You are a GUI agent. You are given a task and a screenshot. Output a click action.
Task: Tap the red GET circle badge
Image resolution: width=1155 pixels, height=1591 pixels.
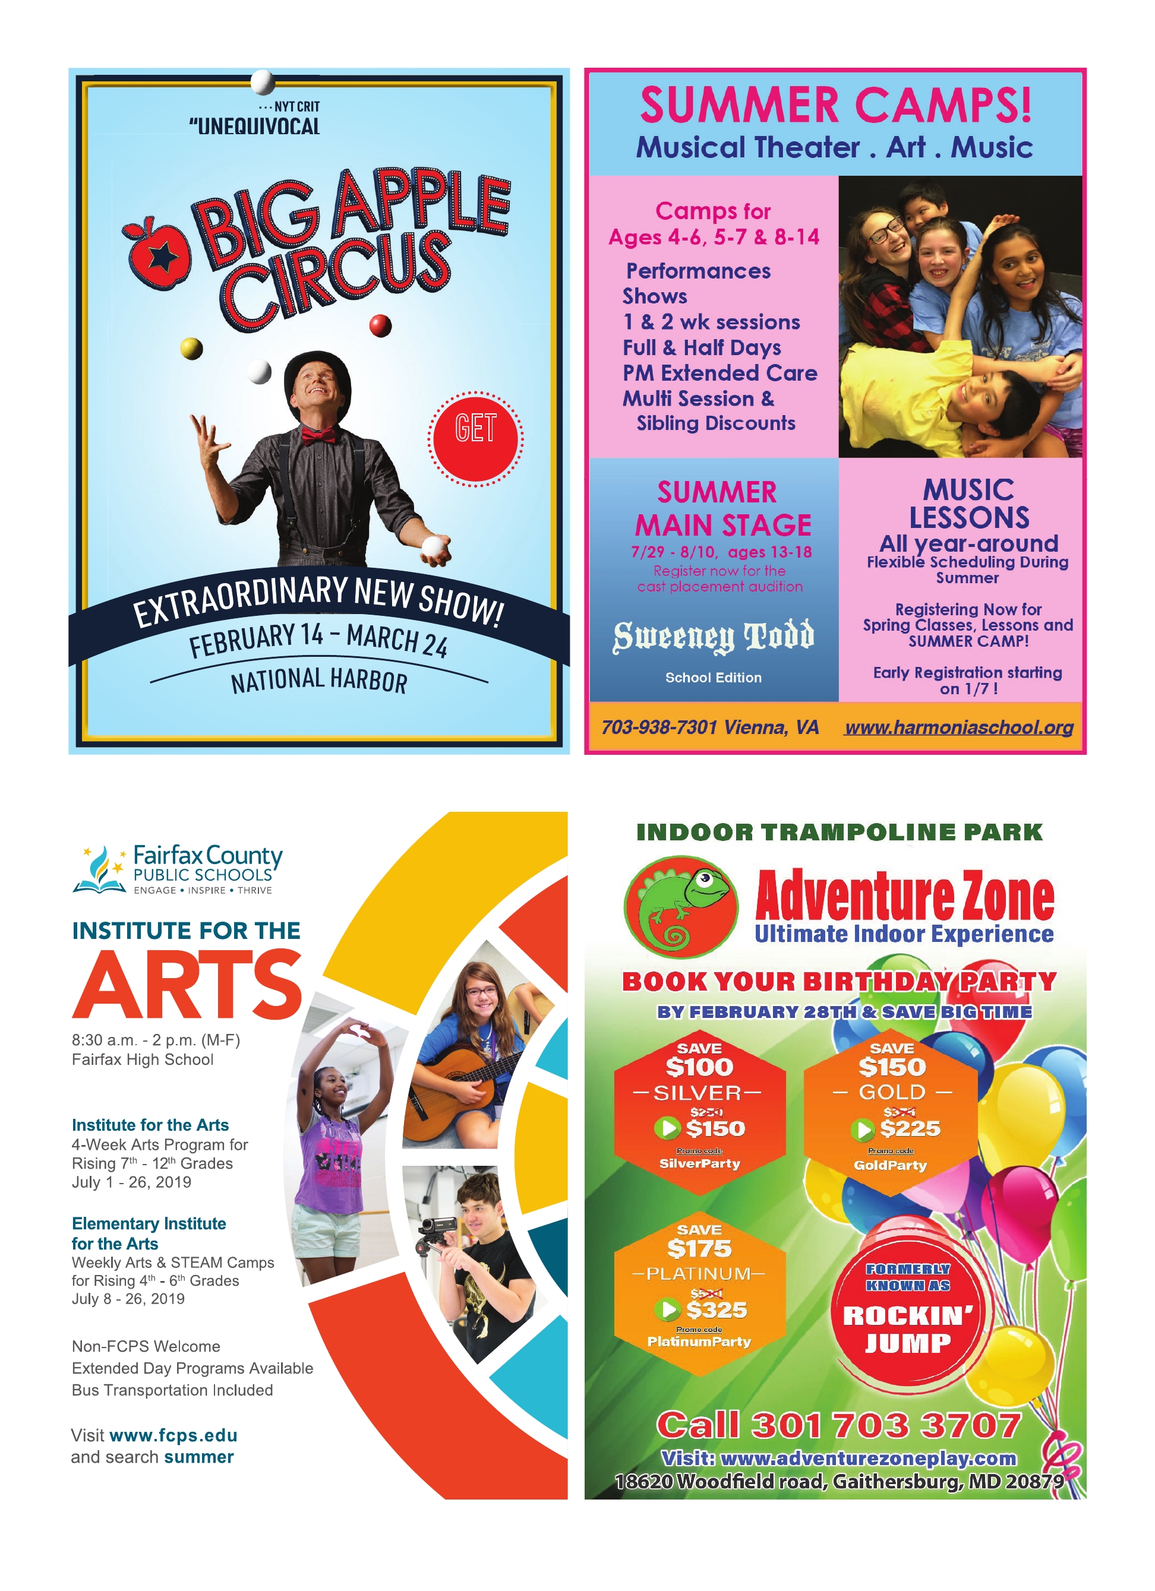pyautogui.click(x=475, y=438)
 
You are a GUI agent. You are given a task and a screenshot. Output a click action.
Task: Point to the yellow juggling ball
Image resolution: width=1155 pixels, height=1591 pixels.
pyautogui.click(x=191, y=348)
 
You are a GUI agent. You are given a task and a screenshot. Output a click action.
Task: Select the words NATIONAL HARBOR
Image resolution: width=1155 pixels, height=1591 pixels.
pyautogui.click(x=319, y=681)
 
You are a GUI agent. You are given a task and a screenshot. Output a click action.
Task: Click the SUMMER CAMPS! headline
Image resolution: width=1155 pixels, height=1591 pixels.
pyautogui.click(x=835, y=105)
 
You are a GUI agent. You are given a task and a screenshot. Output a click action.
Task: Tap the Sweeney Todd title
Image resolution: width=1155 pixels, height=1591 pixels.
pyautogui.click(x=714, y=636)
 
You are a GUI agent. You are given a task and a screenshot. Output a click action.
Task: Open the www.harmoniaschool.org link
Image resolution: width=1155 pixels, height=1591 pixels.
pyautogui.click(x=958, y=728)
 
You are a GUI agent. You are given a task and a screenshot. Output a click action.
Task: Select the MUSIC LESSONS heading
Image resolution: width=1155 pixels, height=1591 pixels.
pyautogui.click(x=969, y=504)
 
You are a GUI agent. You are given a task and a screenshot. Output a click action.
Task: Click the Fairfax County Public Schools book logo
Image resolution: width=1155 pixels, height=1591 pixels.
pyautogui.click(x=100, y=870)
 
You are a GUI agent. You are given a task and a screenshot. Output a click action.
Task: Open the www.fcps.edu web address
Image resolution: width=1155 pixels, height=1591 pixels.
pyautogui.click(x=173, y=1435)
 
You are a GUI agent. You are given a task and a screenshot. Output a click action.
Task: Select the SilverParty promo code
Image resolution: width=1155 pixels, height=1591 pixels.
pyautogui.click(x=700, y=1164)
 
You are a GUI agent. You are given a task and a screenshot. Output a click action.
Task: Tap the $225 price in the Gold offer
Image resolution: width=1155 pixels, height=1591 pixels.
pyautogui.click(x=910, y=1129)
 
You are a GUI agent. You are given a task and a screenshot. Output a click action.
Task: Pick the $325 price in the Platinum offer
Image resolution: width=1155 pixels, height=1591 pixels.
pyautogui.click(x=717, y=1310)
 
